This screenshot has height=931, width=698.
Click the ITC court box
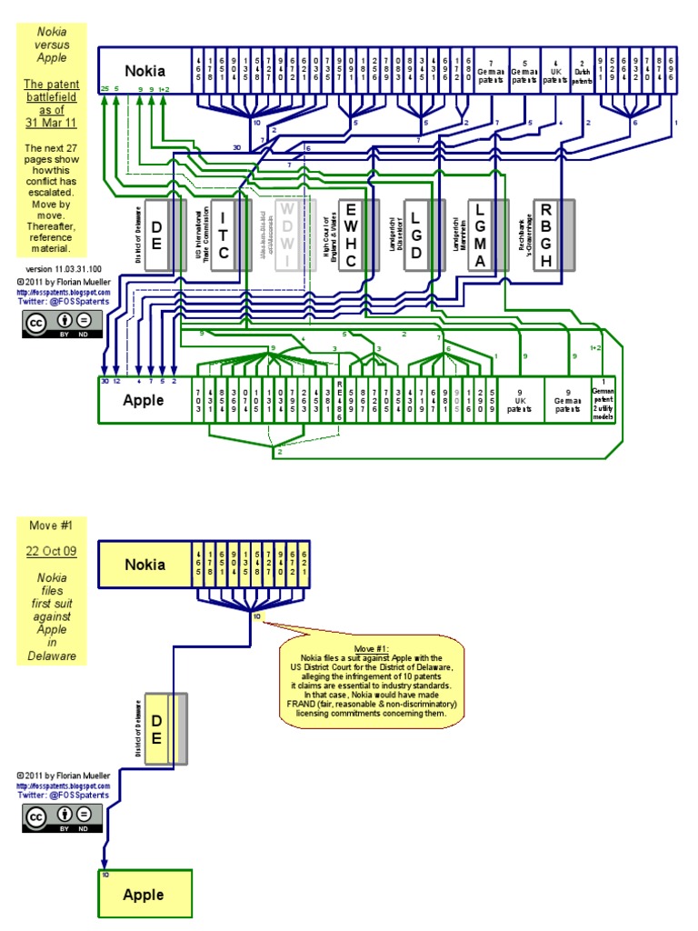[x=223, y=235]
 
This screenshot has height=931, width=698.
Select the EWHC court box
[x=351, y=235]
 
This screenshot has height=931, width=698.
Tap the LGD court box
[x=415, y=235]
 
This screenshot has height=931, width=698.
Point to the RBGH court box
[x=545, y=235]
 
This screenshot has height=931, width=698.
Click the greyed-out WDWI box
[x=286, y=235]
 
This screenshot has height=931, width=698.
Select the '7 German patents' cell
[x=493, y=70]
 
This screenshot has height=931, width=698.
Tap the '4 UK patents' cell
[x=553, y=70]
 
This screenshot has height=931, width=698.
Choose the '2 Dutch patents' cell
[x=581, y=70]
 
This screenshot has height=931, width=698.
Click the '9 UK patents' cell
[x=521, y=400]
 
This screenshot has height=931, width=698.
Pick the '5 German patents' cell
[x=524, y=70]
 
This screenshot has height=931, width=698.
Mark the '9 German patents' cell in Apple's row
[x=568, y=400]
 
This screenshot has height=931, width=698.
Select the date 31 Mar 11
[x=52, y=124]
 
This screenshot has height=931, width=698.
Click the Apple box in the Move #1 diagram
[x=145, y=895]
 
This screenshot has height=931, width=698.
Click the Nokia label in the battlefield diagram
[x=145, y=70]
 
